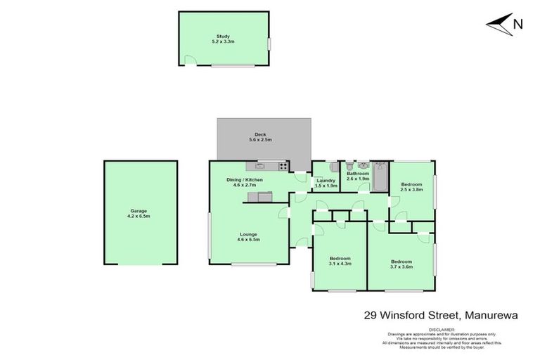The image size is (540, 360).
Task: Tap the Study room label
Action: [x=224, y=37]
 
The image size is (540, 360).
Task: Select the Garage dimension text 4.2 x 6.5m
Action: [x=139, y=216]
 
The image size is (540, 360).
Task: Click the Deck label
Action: [x=259, y=135]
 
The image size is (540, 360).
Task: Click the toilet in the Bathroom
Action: [x=349, y=167]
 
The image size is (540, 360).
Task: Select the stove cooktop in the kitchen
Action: [x=283, y=167]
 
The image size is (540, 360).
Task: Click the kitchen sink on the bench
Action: [x=259, y=167]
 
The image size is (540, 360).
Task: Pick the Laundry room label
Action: [x=326, y=181]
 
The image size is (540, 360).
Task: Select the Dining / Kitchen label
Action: [x=244, y=181]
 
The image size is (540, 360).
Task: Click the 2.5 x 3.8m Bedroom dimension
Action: [x=411, y=189]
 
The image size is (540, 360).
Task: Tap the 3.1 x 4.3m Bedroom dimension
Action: [x=340, y=264]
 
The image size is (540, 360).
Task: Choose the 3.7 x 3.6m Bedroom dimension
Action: [x=401, y=266]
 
